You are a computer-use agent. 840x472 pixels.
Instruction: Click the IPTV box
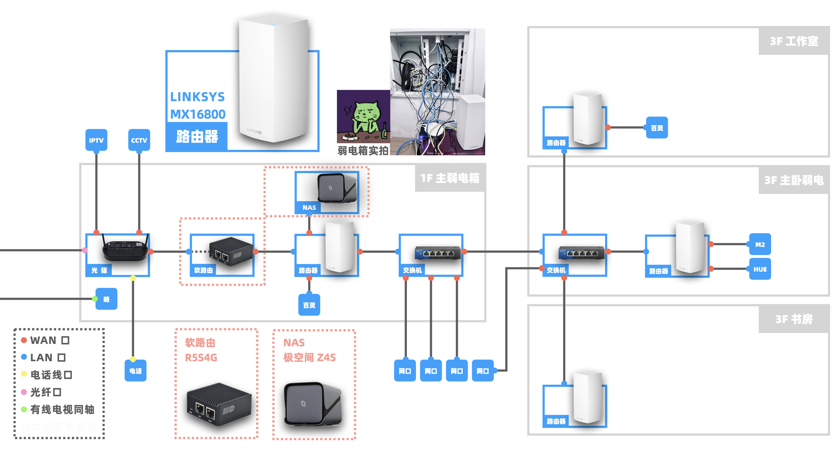[x=96, y=140]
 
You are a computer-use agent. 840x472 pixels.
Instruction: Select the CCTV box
[x=139, y=140]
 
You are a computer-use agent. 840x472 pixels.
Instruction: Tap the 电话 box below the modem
[x=135, y=371]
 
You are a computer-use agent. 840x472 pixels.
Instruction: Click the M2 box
[x=760, y=244]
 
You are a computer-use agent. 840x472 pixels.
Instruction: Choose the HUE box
[x=760, y=269]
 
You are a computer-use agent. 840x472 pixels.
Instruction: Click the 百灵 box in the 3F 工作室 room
[x=657, y=128]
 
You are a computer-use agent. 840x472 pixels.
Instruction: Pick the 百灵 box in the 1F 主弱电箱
[x=309, y=305]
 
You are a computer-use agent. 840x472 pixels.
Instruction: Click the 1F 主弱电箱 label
[x=450, y=178]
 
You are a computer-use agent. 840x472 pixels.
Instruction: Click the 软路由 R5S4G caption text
[x=201, y=350]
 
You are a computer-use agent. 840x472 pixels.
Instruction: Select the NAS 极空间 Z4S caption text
[x=309, y=350]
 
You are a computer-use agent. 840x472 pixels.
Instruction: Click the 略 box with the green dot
[x=106, y=299]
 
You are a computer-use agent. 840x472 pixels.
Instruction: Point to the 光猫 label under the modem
[x=99, y=270]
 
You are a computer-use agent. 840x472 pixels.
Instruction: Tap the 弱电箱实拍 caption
[x=363, y=151]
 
